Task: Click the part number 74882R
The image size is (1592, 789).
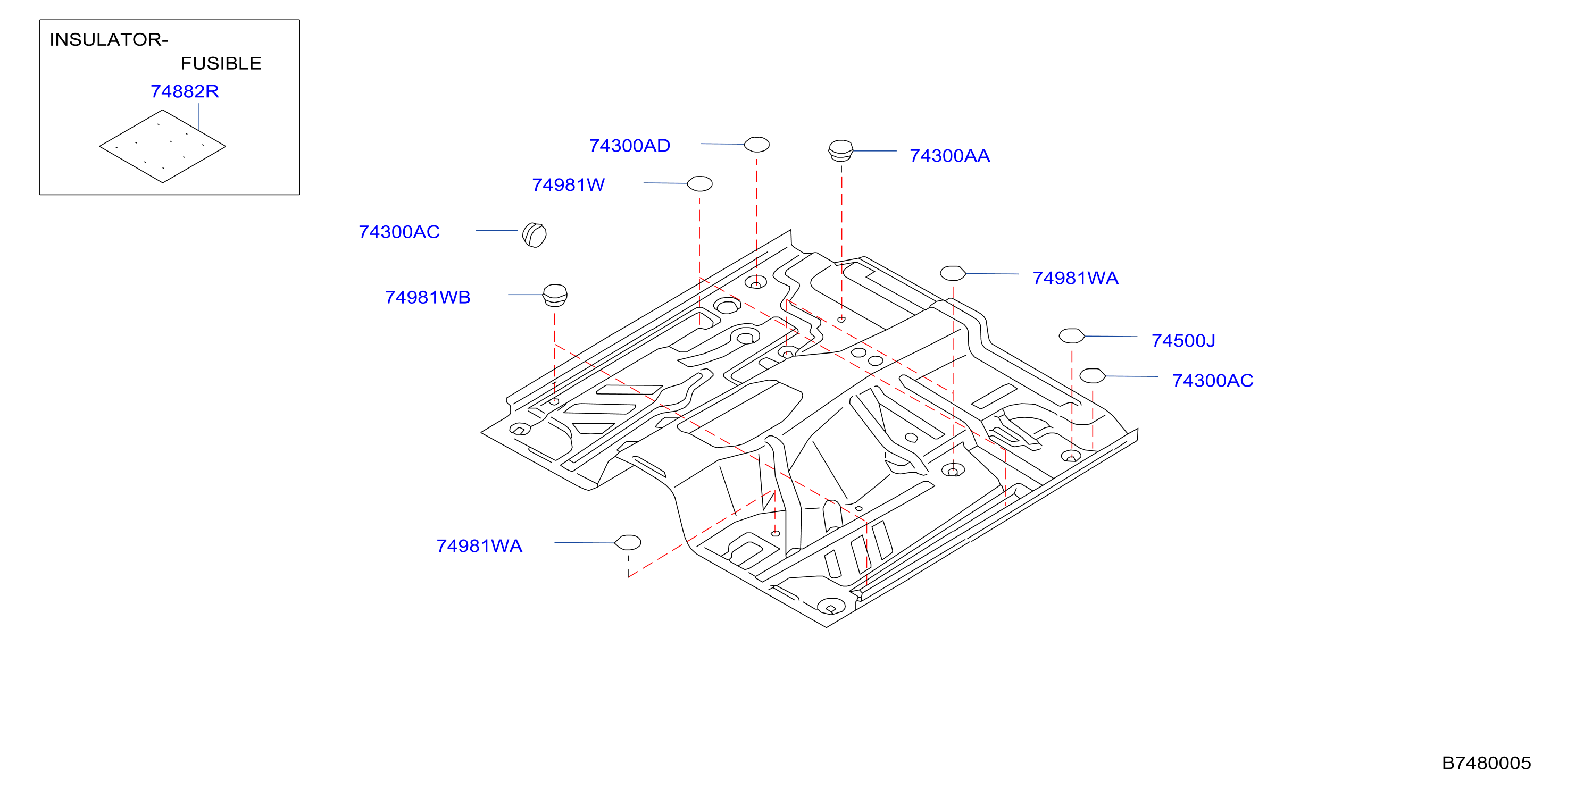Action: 185,91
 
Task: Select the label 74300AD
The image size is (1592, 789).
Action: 629,146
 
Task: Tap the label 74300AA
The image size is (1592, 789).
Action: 950,156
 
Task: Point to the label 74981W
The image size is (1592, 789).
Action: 569,184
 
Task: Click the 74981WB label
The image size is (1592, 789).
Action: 428,297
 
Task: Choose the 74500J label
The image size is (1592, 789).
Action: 1183,340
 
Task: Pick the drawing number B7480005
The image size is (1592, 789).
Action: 1486,763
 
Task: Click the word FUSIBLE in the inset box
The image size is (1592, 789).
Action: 221,64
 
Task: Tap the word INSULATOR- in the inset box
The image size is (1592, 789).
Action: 109,39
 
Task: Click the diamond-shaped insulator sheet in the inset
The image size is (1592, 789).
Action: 163,146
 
